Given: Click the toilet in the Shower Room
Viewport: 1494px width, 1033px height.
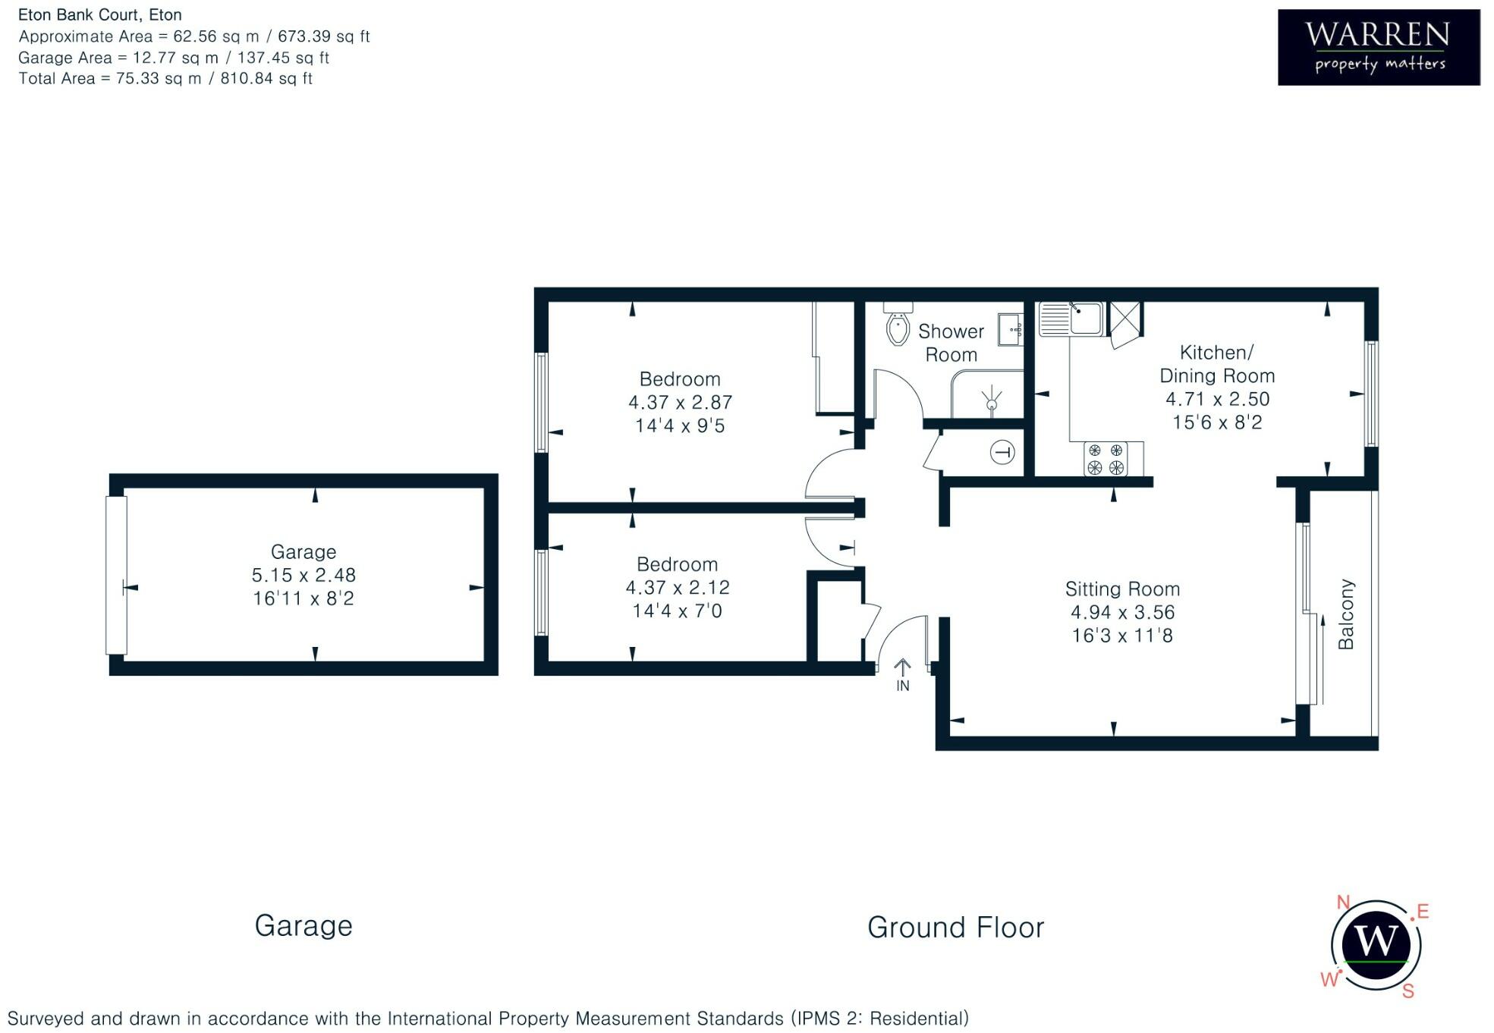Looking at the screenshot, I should (898, 327).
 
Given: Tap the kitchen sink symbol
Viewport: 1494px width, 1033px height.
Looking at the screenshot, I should (1071, 319).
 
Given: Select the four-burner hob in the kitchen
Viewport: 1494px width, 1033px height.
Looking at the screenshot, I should (1106, 459).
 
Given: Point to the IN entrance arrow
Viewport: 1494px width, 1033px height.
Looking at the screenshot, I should (902, 674).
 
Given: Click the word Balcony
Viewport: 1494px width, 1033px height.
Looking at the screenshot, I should (1345, 614).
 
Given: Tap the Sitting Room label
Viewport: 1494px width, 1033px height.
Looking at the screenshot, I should (1122, 589).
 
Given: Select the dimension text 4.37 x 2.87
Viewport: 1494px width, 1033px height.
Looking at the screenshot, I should (680, 402).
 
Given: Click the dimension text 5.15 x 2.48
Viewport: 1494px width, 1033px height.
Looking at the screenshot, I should (304, 575).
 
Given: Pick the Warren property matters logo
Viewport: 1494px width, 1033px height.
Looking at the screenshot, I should (1378, 47).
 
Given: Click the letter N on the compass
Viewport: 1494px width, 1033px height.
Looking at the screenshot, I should (1343, 902).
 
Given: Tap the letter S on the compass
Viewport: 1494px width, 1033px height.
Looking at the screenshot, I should (1408, 991).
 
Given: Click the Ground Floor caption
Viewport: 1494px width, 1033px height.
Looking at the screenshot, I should (955, 927).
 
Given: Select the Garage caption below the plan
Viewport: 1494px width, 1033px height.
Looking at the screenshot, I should (304, 925).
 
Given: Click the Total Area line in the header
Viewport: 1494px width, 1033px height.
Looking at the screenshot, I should (165, 78).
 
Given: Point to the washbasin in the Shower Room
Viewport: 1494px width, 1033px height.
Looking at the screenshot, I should (1011, 330).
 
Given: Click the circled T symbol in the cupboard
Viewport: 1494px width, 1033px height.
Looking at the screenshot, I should (1002, 453).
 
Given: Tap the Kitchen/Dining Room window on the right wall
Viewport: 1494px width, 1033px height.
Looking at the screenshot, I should (1370, 394).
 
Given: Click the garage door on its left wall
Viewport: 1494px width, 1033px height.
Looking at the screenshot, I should (116, 575).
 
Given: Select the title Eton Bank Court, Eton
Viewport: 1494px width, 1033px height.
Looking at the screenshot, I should (100, 14).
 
